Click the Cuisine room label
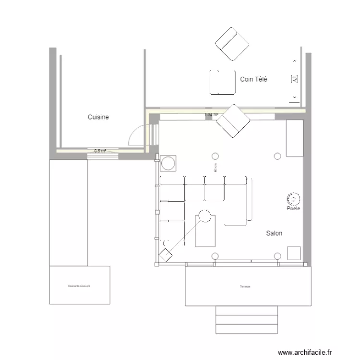[x=98, y=117]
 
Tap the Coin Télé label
[x=253, y=80]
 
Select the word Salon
[x=274, y=233]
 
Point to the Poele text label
[x=293, y=209]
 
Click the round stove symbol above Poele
[x=293, y=198]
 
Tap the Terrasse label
[x=246, y=287]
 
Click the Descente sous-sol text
[x=80, y=286]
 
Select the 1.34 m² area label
[x=211, y=115]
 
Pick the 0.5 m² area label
[x=100, y=151]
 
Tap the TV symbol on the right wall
[x=294, y=80]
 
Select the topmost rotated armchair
[x=233, y=44]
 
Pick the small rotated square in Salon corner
[x=166, y=255]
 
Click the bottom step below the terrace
[x=247, y=329]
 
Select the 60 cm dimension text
[x=216, y=168]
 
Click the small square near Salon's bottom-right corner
[x=294, y=253]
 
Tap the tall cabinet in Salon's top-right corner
[x=294, y=138]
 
